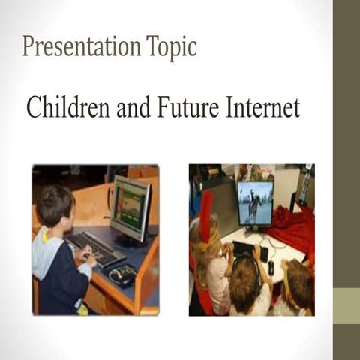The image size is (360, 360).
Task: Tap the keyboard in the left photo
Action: [x=94, y=248]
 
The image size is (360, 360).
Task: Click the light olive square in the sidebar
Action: [x=346, y=307]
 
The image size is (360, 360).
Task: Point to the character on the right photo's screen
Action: [x=256, y=202]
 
